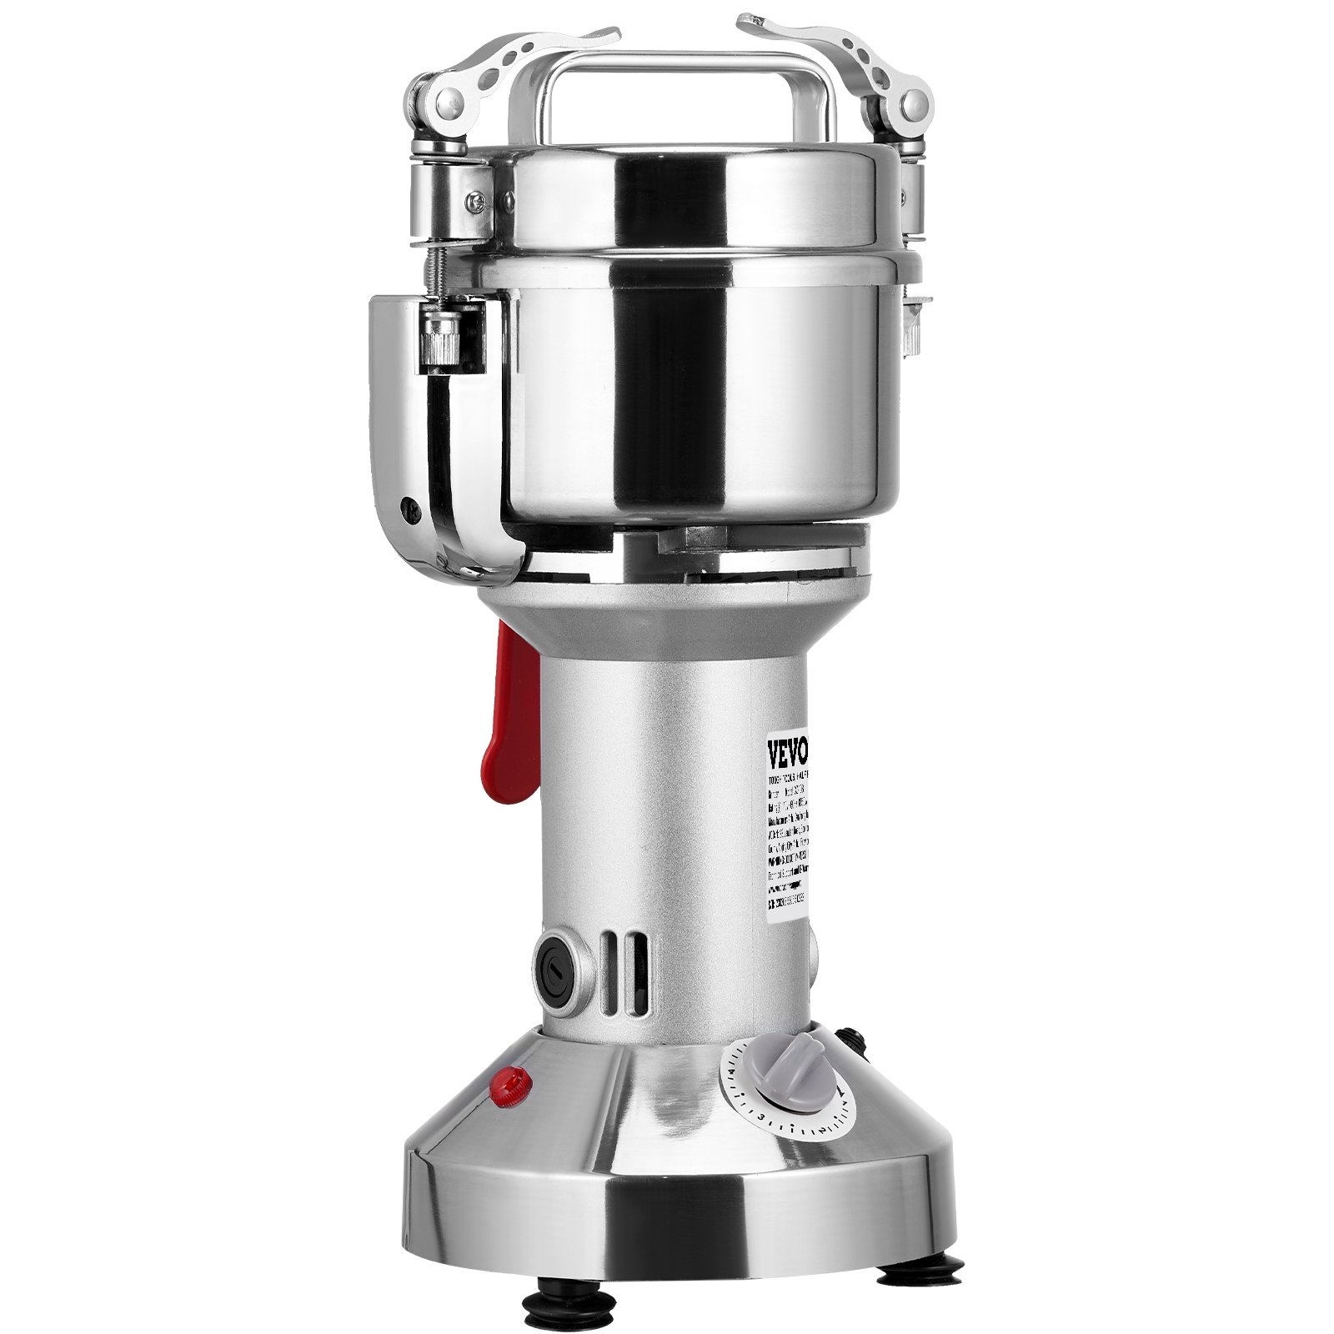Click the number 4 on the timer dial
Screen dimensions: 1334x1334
coord(732,1071)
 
